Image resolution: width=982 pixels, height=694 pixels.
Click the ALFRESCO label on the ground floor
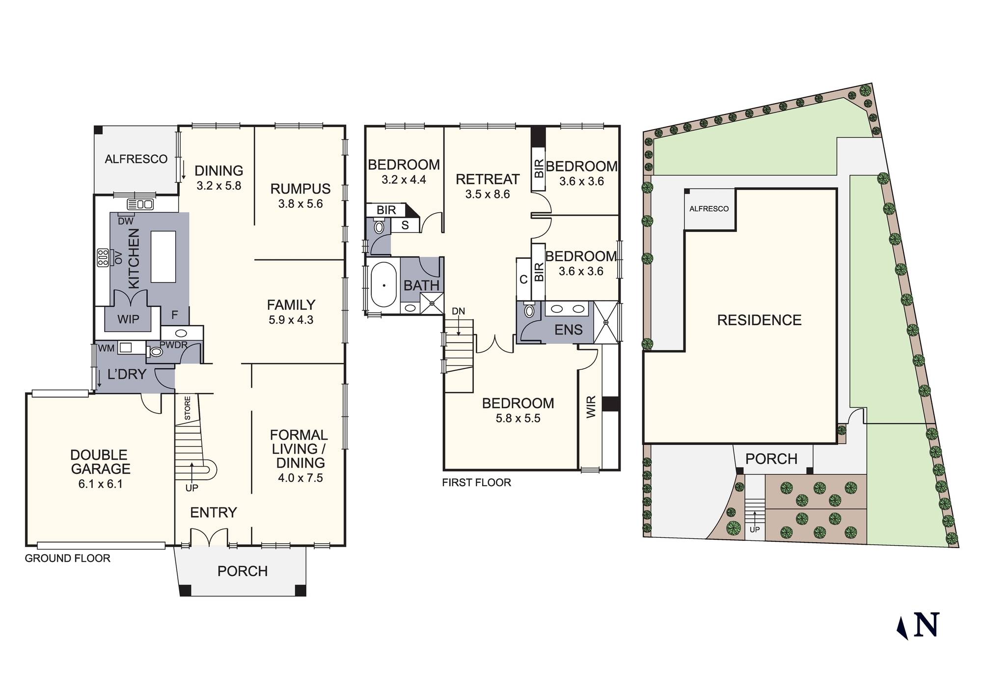pyautogui.click(x=136, y=159)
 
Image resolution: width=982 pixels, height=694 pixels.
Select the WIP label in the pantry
pyautogui.click(x=128, y=319)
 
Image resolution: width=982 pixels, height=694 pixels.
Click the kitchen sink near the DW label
pyautogui.click(x=140, y=203)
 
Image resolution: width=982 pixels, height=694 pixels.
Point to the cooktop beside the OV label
pyautogui.click(x=103, y=257)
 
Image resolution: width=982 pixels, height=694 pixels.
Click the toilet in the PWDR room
pyautogui.click(x=156, y=352)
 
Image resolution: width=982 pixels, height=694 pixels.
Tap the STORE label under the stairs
pyautogui.click(x=188, y=408)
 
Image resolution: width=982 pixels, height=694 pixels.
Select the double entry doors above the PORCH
pyautogui.click(x=209, y=537)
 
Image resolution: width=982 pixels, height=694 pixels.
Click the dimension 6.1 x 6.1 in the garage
pyautogui.click(x=101, y=484)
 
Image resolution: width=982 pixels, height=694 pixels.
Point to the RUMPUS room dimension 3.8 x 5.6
pyautogui.click(x=300, y=204)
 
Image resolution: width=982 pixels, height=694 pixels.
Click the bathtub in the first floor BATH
pyautogui.click(x=383, y=285)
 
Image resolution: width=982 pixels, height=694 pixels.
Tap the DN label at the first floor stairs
pyautogui.click(x=458, y=311)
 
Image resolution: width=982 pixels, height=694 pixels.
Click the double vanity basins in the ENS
pyautogui.click(x=568, y=309)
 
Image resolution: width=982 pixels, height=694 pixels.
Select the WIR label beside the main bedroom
pyautogui.click(x=591, y=407)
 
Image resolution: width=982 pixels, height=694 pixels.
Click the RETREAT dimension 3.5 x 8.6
pyautogui.click(x=488, y=194)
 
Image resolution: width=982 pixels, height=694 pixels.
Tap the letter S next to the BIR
pyautogui.click(x=405, y=226)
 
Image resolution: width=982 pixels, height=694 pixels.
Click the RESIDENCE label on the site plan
pyautogui.click(x=759, y=320)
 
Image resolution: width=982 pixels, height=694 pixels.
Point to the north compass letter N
pyautogui.click(x=926, y=625)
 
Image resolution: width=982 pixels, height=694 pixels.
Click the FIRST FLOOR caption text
pyautogui.click(x=476, y=482)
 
